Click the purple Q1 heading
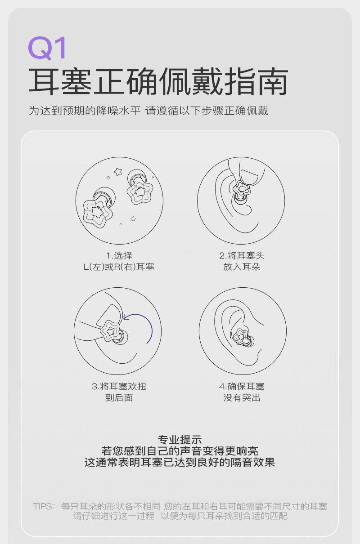coord(47,48)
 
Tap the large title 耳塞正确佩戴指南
coord(158,81)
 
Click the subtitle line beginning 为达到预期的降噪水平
coord(148,111)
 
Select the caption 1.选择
coord(119,255)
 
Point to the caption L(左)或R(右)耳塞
coord(119,267)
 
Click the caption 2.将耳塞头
coord(242,255)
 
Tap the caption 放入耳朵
coord(242,267)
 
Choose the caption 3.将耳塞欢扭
coord(119,386)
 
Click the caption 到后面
coord(119,398)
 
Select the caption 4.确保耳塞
coord(242,386)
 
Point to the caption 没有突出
coord(242,398)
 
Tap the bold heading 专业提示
coord(180,439)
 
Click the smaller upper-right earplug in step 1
coord(139,187)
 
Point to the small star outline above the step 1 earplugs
coord(118,171)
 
